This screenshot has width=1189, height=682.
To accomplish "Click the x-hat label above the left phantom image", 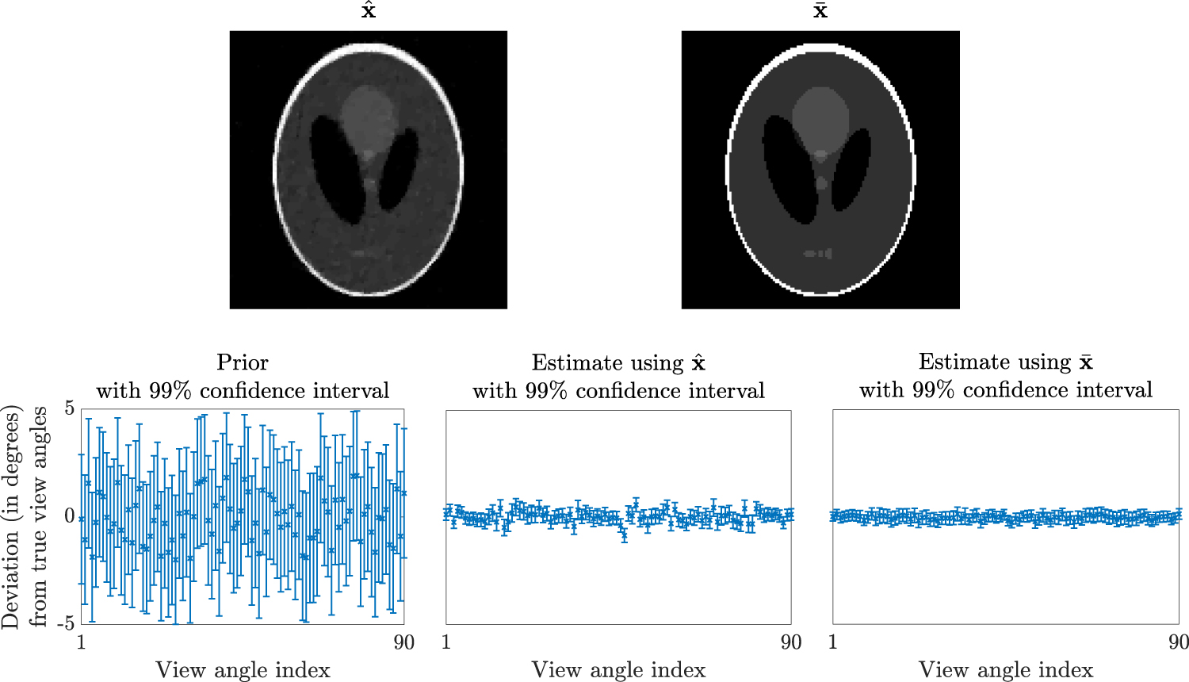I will point(369,11).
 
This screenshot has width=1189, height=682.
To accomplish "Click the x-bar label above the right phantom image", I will point(820,11).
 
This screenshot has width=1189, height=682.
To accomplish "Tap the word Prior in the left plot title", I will point(243,362).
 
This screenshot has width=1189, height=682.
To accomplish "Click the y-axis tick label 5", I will point(70,408).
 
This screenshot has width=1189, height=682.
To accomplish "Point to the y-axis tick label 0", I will point(70,516).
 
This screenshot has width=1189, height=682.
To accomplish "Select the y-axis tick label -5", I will point(66,623).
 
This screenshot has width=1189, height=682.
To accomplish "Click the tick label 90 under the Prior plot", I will point(403,642).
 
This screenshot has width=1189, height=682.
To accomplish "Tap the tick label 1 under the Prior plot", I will point(81,642).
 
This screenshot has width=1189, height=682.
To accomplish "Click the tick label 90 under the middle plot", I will point(790,642).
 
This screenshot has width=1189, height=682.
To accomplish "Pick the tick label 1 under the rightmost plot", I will point(833,642).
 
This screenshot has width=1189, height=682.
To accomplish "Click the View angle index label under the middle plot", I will point(618,670).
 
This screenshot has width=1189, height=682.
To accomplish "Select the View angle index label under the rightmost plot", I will point(1005,670).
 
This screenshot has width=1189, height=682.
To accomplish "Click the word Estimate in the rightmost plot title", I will point(954,362).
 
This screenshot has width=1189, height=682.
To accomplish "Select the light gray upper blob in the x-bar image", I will point(820,115).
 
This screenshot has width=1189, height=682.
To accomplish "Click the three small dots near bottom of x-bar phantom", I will point(818,254).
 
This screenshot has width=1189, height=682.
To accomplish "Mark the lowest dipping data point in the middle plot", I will point(625,536).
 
